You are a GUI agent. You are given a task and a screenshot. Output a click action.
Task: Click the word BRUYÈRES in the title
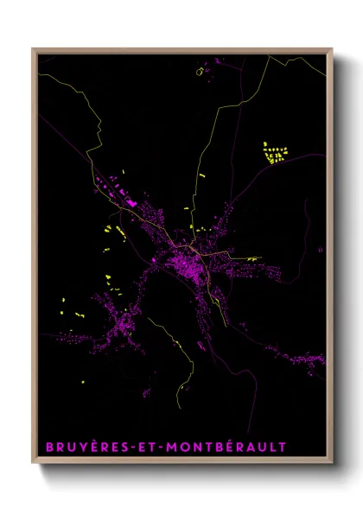pyautogui.click(x=81, y=447)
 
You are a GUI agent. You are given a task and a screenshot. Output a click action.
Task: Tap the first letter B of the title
pyautogui.click(x=48, y=447)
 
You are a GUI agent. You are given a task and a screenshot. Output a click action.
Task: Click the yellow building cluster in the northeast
pyautogui.click(x=274, y=155)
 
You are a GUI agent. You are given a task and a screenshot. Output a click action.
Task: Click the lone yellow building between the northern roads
pyautogui.click(x=202, y=175)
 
